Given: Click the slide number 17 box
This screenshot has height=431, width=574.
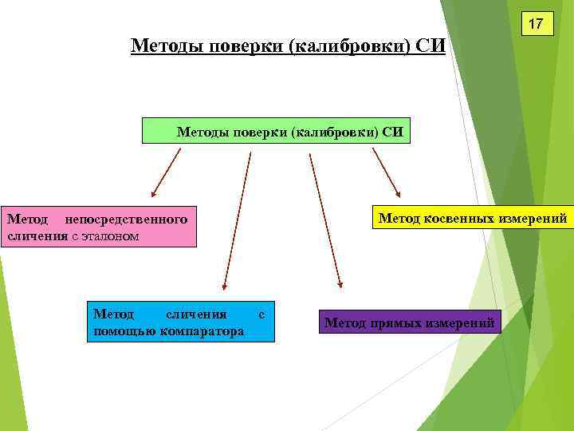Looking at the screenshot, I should (x=537, y=24).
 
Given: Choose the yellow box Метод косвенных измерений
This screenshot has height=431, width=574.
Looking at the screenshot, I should (x=473, y=218).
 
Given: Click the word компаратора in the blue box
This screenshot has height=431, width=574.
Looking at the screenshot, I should (x=203, y=330).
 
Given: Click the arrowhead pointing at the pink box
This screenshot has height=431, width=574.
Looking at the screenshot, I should (x=155, y=192).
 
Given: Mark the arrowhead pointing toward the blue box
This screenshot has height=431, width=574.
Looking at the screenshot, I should (x=225, y=284).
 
